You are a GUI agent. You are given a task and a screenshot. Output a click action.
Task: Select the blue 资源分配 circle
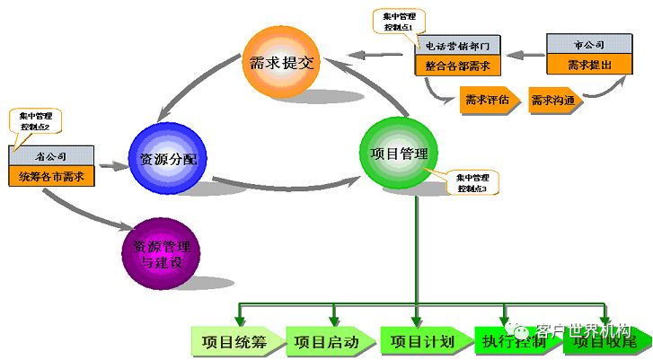(x=169, y=158)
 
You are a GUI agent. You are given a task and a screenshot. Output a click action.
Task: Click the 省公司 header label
(x=50, y=155)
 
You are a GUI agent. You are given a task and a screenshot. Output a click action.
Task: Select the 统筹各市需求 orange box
(x=50, y=176)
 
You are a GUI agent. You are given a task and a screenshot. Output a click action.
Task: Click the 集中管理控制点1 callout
(x=400, y=22)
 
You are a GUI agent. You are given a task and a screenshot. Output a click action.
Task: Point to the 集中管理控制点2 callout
(x=32, y=121)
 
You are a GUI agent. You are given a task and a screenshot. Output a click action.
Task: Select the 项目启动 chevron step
(x=327, y=342)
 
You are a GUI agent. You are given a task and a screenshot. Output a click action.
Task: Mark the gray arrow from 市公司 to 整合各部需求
(x=524, y=55)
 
